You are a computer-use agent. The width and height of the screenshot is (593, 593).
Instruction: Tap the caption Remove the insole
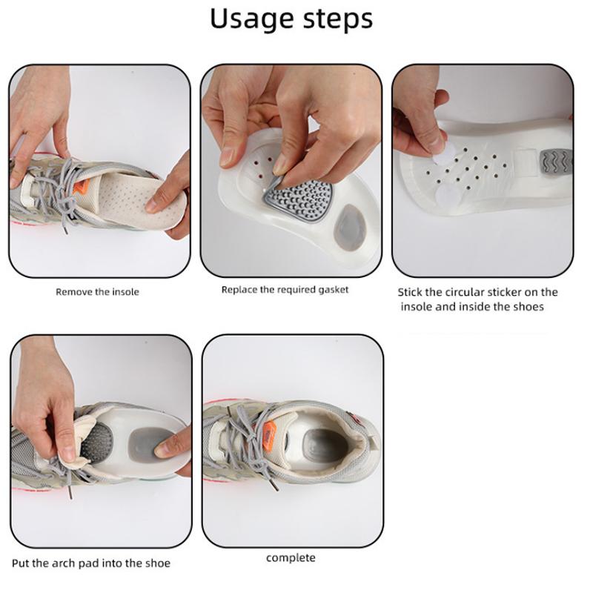(97, 292)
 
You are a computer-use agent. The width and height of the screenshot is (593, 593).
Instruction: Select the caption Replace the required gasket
(285, 290)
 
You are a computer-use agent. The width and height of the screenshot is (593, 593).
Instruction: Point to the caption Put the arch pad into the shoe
(91, 563)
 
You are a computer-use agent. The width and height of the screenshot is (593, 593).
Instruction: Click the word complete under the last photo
(291, 558)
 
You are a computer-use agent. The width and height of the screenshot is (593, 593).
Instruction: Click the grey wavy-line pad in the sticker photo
(555, 162)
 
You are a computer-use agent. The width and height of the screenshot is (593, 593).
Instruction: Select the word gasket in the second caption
(333, 290)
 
